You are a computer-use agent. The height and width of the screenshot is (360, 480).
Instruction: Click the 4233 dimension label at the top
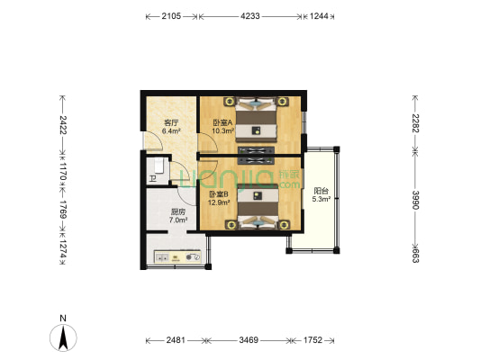[x=250, y=16]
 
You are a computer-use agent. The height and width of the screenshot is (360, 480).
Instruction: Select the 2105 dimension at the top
[x=171, y=16]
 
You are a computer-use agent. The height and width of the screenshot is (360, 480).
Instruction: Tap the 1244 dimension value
[x=319, y=16]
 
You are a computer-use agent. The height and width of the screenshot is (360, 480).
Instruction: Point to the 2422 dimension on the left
[x=63, y=124]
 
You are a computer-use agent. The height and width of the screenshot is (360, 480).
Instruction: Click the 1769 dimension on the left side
[x=63, y=210]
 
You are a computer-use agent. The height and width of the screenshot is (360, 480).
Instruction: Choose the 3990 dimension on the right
[x=415, y=200]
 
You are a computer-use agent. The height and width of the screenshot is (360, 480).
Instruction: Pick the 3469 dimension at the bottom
[x=249, y=340]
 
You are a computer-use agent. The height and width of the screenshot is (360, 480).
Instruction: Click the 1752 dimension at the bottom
[x=312, y=340]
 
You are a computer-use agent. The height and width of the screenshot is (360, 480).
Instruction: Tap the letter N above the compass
[x=63, y=318]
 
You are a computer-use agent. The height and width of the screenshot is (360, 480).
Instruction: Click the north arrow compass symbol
[x=63, y=337]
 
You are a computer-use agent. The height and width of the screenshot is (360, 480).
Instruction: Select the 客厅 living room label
[x=171, y=123]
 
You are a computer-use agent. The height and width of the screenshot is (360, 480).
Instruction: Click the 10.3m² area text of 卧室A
[x=223, y=130]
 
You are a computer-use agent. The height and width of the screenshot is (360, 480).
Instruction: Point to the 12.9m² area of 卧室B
[x=219, y=202]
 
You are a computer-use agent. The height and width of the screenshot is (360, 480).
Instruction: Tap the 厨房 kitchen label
[x=178, y=211]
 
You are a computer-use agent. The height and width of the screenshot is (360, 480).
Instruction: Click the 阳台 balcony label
[x=322, y=191]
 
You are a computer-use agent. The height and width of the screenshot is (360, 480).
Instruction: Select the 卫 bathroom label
[x=153, y=178]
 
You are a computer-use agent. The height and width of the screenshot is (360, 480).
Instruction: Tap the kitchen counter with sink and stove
[x=177, y=256]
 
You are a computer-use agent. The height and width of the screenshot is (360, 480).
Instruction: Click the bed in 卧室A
[x=256, y=120]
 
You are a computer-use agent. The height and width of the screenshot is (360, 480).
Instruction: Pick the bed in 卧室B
[x=258, y=206]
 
